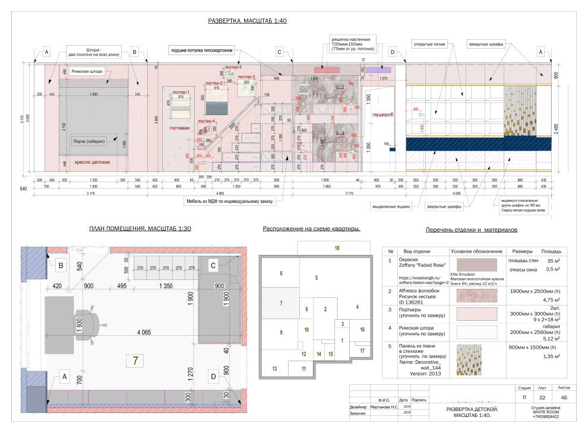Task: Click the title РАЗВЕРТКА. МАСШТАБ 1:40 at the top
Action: point(248,21)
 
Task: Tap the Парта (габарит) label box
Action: point(88,141)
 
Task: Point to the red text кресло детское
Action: point(90,162)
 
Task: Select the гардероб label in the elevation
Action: point(380,114)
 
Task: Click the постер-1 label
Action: point(181,93)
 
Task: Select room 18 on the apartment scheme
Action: point(337,247)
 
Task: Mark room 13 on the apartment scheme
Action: point(274,368)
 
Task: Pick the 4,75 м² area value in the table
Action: point(536,300)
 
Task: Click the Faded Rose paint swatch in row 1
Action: point(477,265)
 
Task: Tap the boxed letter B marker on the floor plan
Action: point(61,266)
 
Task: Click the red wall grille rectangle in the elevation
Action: point(330,70)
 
